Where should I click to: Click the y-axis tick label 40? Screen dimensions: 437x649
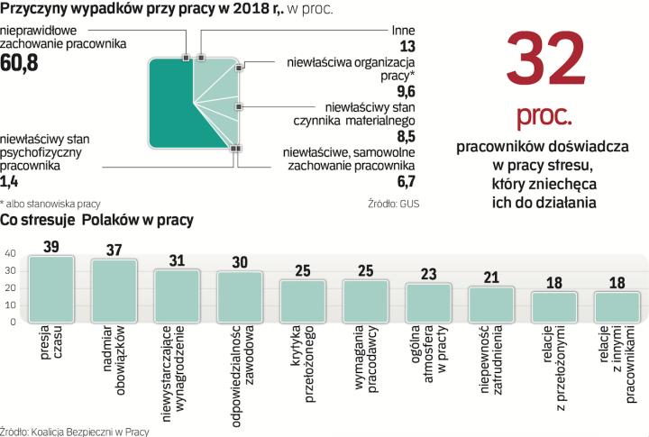[10, 254]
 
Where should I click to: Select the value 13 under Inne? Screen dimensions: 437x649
[408, 46]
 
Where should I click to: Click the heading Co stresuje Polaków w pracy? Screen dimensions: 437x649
[97, 219]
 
